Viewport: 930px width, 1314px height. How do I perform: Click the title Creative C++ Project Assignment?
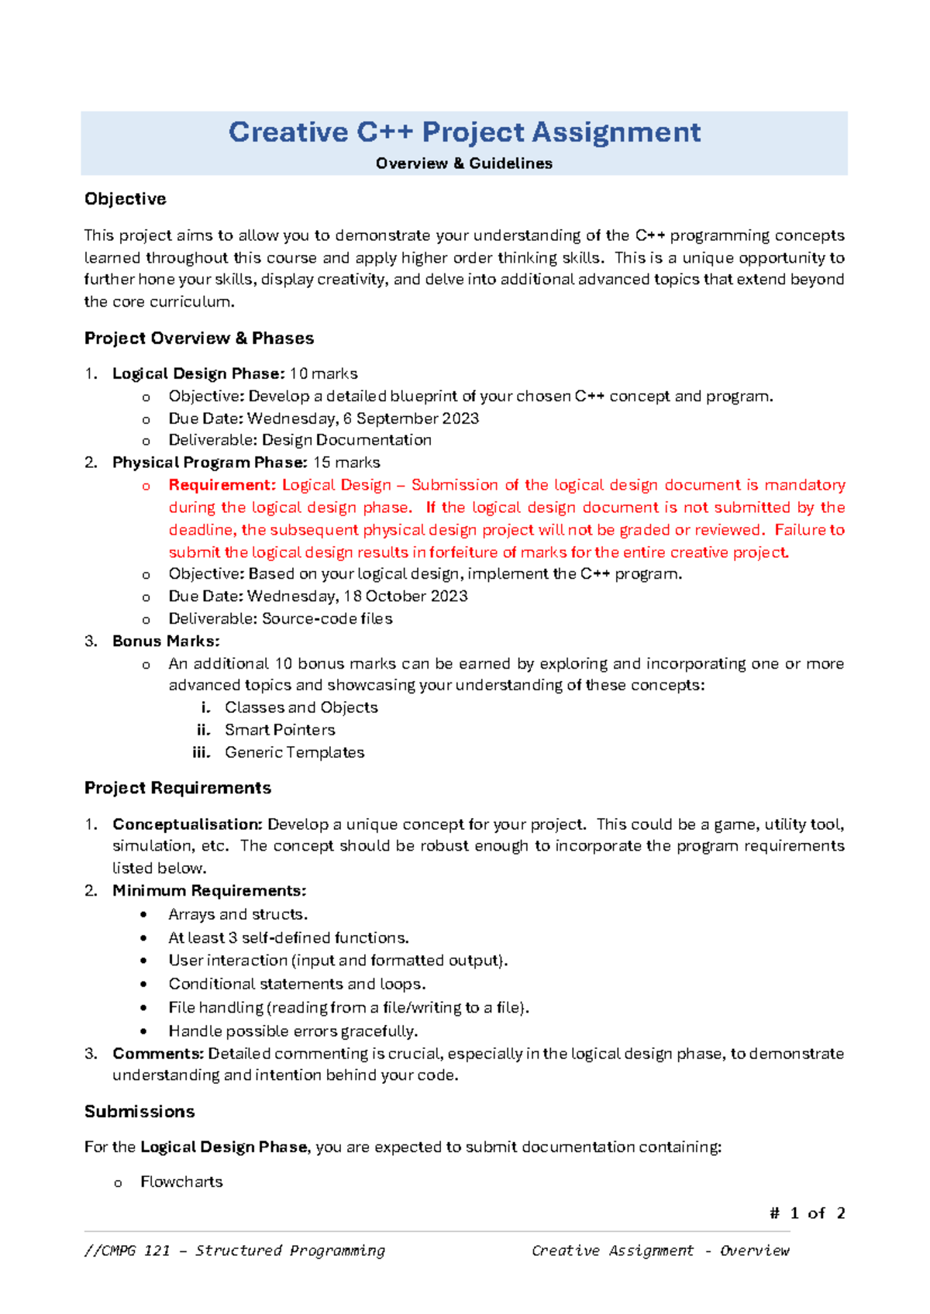(x=464, y=132)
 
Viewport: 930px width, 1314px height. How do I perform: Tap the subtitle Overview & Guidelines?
(x=464, y=163)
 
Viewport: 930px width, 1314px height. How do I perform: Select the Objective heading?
(x=126, y=199)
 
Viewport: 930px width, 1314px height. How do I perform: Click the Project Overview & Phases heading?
(x=199, y=339)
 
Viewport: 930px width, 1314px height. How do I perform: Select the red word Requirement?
(x=222, y=485)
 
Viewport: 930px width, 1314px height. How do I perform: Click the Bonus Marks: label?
(x=166, y=641)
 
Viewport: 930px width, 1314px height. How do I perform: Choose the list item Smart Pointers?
(x=280, y=730)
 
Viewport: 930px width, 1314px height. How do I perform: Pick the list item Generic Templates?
(x=294, y=752)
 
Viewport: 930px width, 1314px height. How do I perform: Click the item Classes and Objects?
(x=301, y=707)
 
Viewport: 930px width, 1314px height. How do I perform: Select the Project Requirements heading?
(x=177, y=788)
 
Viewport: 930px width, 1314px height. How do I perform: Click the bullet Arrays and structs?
(x=238, y=914)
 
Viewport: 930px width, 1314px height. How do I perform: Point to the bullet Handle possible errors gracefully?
(x=293, y=1031)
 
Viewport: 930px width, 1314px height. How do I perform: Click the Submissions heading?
(x=139, y=1112)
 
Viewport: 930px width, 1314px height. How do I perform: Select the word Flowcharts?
(x=181, y=1182)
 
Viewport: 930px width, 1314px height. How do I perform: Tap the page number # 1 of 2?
(x=807, y=1213)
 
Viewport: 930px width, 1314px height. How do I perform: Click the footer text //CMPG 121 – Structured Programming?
(x=235, y=1250)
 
